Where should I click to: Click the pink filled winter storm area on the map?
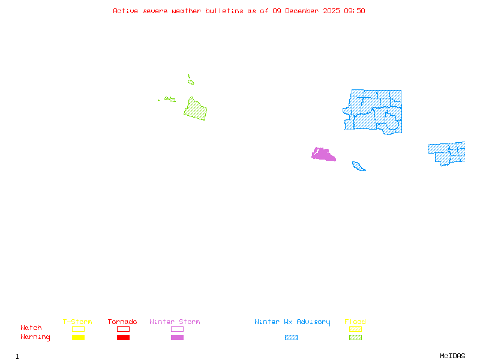pos(323,155)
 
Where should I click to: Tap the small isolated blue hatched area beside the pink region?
pos(358,166)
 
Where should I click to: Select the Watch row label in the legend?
pos(31,328)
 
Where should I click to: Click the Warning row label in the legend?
pos(35,337)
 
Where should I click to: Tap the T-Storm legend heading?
pos(77,322)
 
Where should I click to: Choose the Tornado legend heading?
pos(122,322)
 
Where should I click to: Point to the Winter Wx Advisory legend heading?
pos(292,322)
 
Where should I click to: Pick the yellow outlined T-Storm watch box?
pos(78,329)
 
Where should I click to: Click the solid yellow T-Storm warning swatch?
pos(78,337)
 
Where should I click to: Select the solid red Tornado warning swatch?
pos(123,337)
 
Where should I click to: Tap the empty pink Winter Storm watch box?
pos(177,329)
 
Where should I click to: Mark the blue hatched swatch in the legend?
pos(291,337)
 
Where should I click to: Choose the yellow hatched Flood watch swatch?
pos(355,329)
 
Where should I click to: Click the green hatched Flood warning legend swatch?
pos(355,337)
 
